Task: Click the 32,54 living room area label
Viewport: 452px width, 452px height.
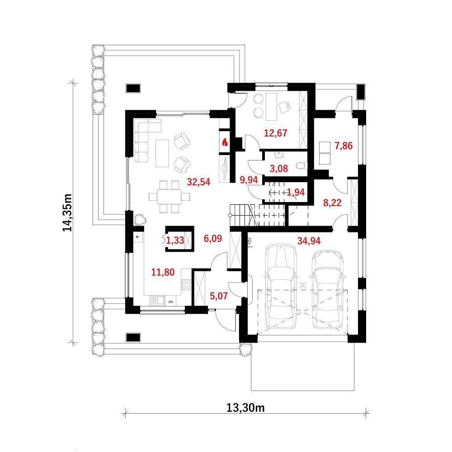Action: click(x=198, y=182)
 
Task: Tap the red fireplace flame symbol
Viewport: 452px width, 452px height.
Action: click(x=225, y=142)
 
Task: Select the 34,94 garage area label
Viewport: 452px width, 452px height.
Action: click(x=309, y=241)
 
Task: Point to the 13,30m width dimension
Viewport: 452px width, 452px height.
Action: click(x=245, y=408)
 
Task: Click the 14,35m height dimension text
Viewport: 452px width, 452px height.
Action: click(x=67, y=213)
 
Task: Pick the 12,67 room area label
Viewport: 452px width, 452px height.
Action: click(x=276, y=133)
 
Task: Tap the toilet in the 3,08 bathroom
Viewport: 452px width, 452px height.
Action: click(x=301, y=166)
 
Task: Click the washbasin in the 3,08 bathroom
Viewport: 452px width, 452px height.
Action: click(x=279, y=155)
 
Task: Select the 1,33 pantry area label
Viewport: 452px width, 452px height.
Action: click(x=175, y=240)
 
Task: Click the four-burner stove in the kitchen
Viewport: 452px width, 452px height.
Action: click(x=186, y=285)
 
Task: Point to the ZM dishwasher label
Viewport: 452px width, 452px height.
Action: click(x=170, y=302)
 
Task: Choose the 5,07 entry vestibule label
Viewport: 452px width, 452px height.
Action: click(x=218, y=296)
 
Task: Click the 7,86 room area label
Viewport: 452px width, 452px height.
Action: click(x=344, y=146)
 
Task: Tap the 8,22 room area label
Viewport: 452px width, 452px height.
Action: click(x=332, y=203)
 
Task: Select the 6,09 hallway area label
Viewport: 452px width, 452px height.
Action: click(x=213, y=239)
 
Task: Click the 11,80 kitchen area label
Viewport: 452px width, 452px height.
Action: click(x=163, y=272)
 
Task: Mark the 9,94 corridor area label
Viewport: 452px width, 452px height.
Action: click(x=249, y=180)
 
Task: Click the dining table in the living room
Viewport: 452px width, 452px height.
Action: click(x=169, y=197)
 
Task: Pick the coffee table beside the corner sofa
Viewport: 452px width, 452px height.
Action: click(x=162, y=153)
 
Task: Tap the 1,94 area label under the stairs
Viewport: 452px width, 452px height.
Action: click(x=296, y=192)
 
